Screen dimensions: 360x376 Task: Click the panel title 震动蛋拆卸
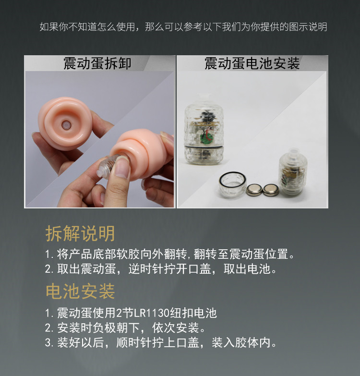point(97,63)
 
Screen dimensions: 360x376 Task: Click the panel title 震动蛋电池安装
point(252,63)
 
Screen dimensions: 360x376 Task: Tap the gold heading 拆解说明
point(80,233)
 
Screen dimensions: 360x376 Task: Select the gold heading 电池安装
point(80,291)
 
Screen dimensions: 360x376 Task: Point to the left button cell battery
point(254,189)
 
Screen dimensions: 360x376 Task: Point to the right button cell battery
point(271,189)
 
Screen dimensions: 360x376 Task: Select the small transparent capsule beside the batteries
point(292,172)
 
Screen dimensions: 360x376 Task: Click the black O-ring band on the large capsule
point(204,146)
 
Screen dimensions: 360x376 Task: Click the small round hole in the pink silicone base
point(65,125)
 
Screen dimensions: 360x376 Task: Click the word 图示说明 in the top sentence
point(308,26)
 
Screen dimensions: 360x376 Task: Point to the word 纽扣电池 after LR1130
point(193,313)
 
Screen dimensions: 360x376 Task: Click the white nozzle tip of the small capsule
point(294,152)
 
